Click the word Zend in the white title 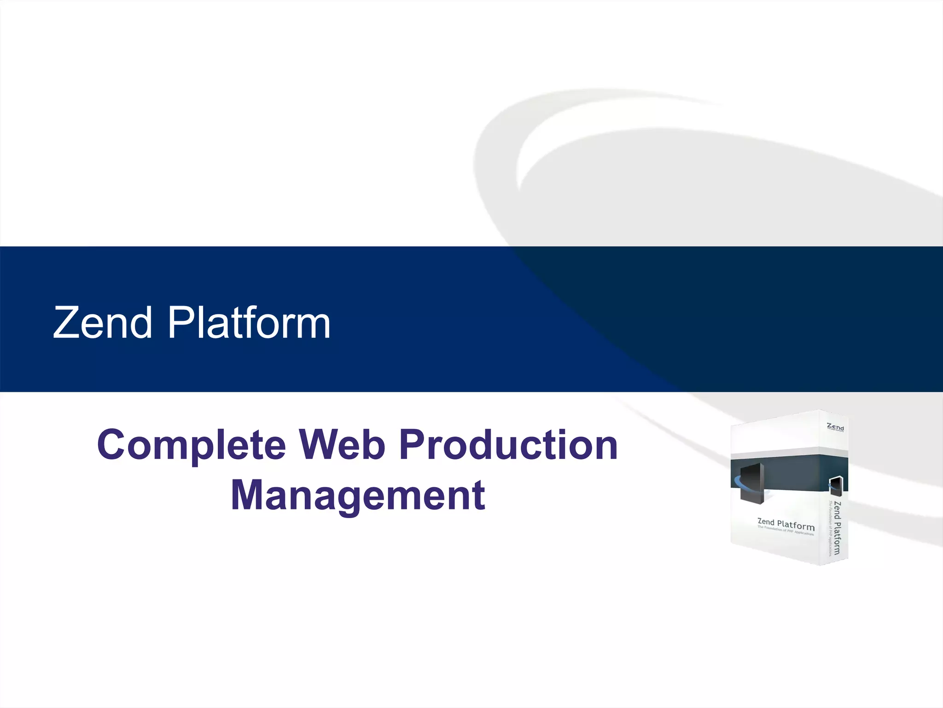tap(102, 323)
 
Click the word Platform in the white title tap(249, 323)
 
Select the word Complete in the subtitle tap(191, 445)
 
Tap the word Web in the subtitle tap(342, 444)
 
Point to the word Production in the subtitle tap(508, 444)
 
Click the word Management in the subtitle tap(358, 496)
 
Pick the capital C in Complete tap(112, 444)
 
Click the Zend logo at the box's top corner tap(835, 427)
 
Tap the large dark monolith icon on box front tap(752, 483)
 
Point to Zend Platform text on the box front tap(786, 524)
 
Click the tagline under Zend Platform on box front tap(786, 531)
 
